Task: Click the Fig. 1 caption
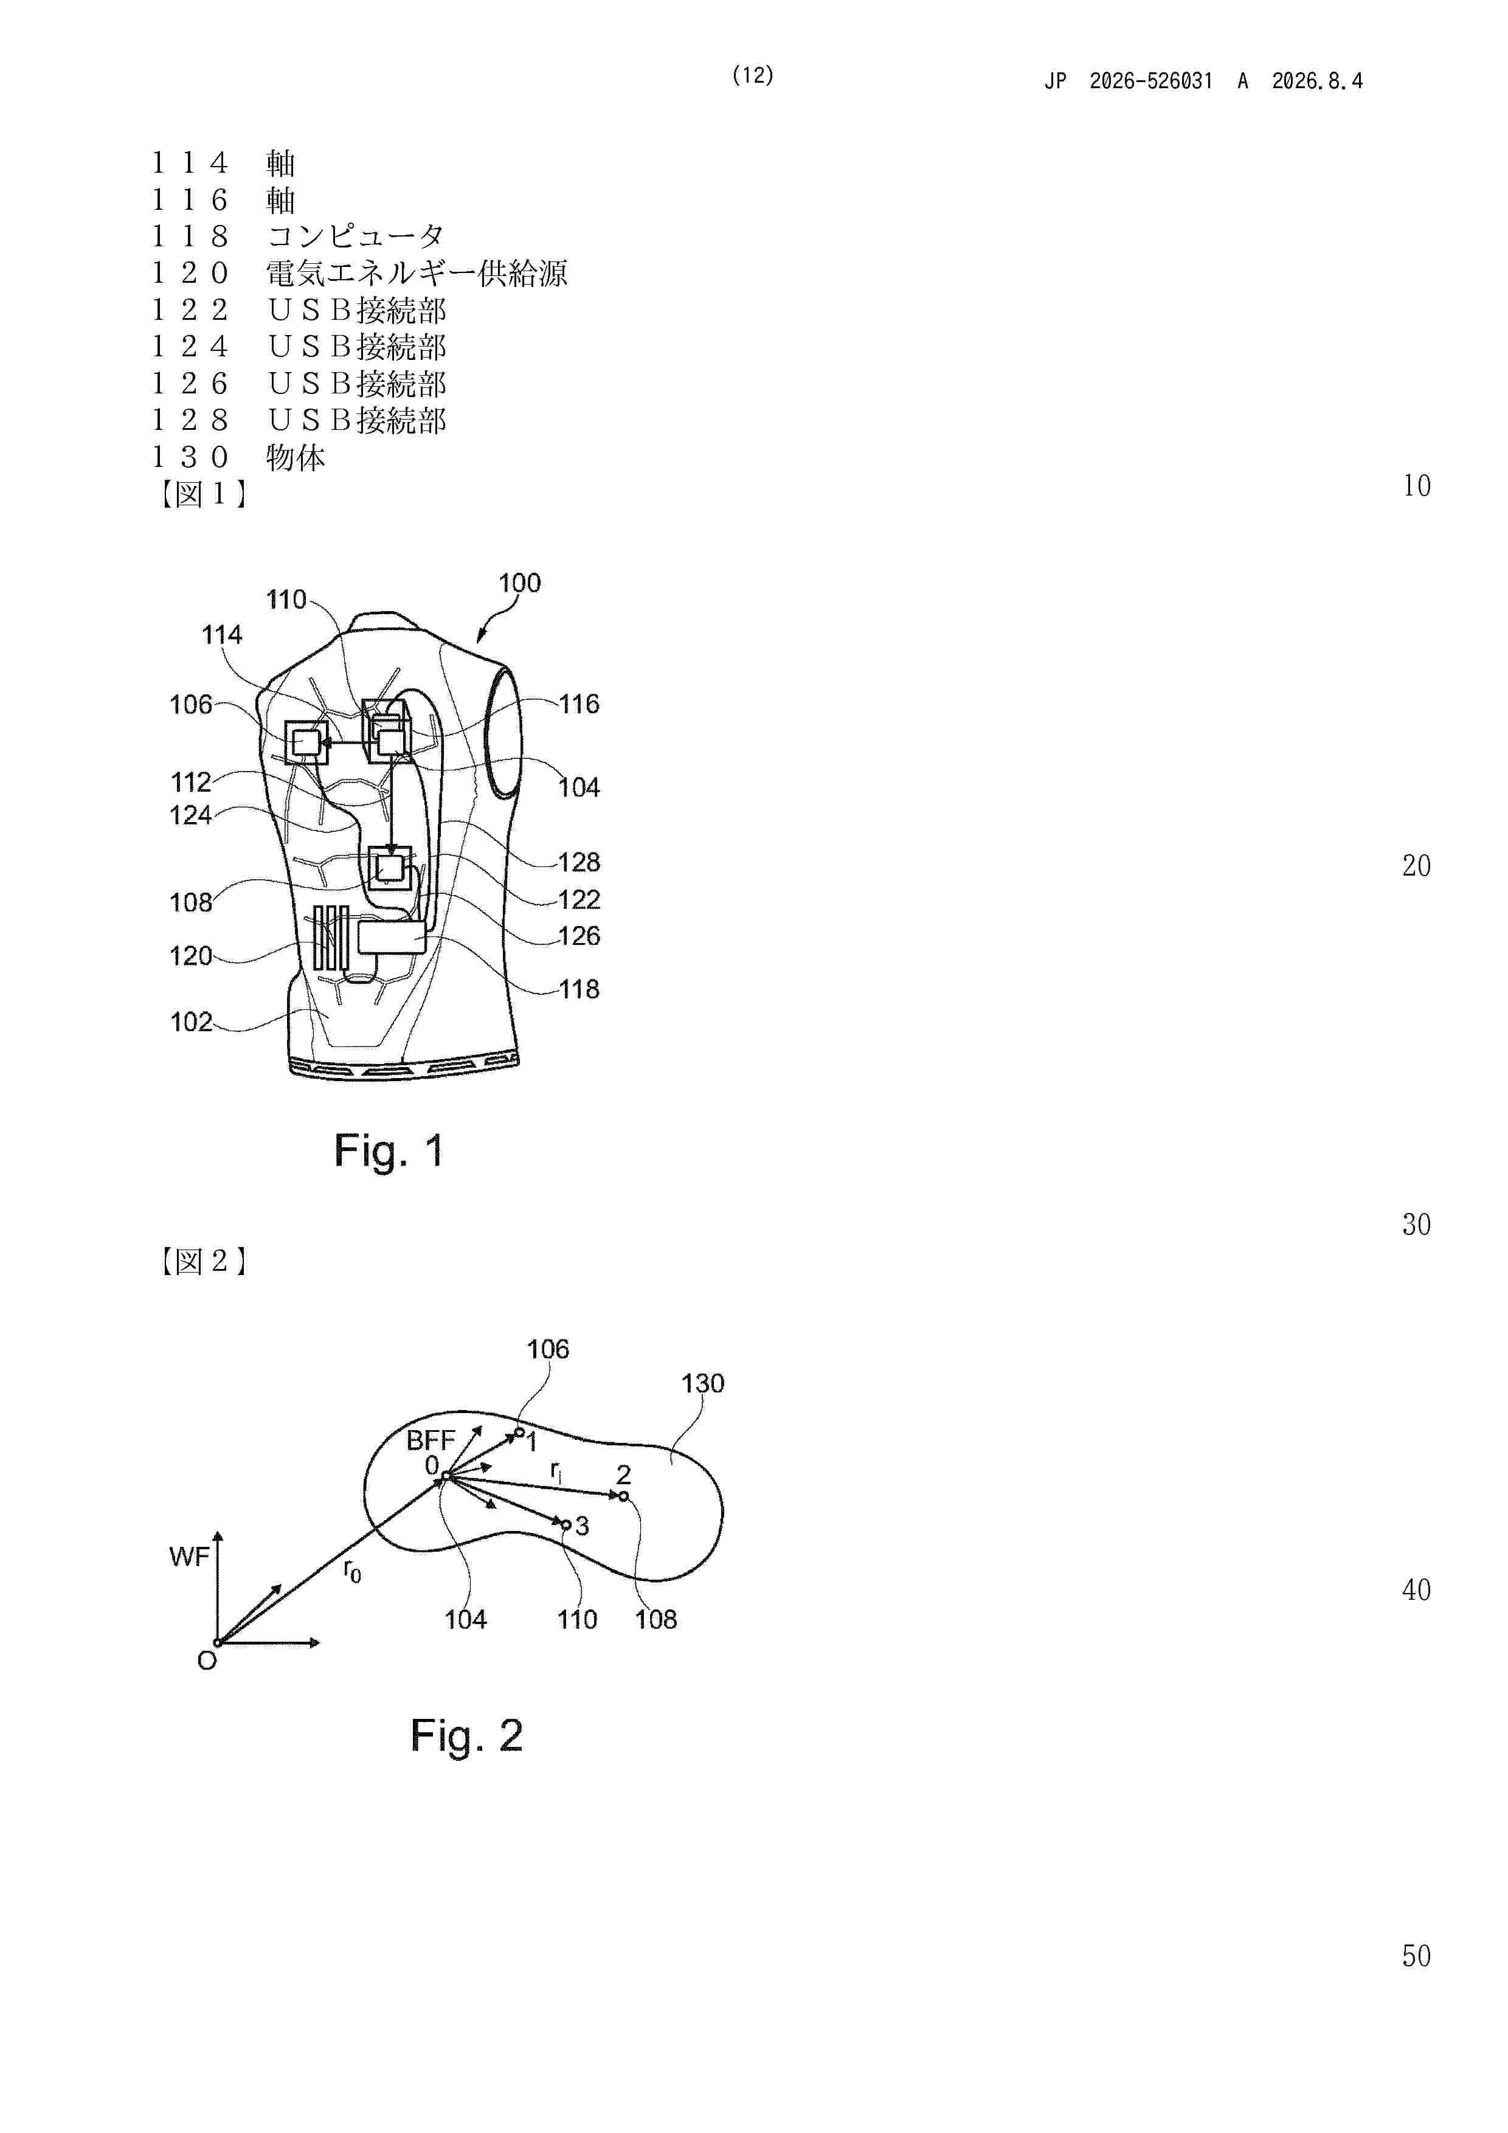(389, 1151)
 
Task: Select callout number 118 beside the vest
(579, 989)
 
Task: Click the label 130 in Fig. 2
(702, 1383)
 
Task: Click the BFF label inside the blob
(430, 1440)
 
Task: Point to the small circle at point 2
(623, 1496)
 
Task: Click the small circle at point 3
(566, 1524)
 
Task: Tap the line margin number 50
(1416, 1955)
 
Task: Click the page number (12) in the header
(753, 75)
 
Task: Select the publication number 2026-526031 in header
(1151, 81)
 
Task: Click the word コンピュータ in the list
(356, 236)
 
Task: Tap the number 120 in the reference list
(190, 273)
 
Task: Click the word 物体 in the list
(296, 457)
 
